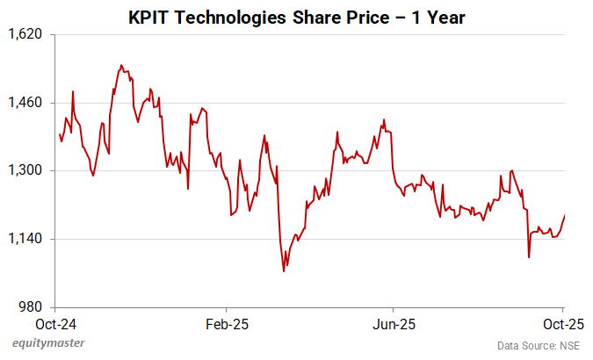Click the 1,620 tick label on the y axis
(x=26, y=34)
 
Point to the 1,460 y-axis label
(x=26, y=103)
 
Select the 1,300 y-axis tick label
(x=26, y=170)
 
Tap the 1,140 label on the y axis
(x=26, y=239)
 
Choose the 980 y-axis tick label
(x=32, y=307)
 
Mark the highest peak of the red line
(x=121, y=65)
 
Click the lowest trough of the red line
(x=283, y=271)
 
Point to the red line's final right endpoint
(x=565, y=215)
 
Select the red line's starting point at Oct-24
(x=59, y=134)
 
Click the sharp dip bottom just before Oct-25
(x=529, y=257)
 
